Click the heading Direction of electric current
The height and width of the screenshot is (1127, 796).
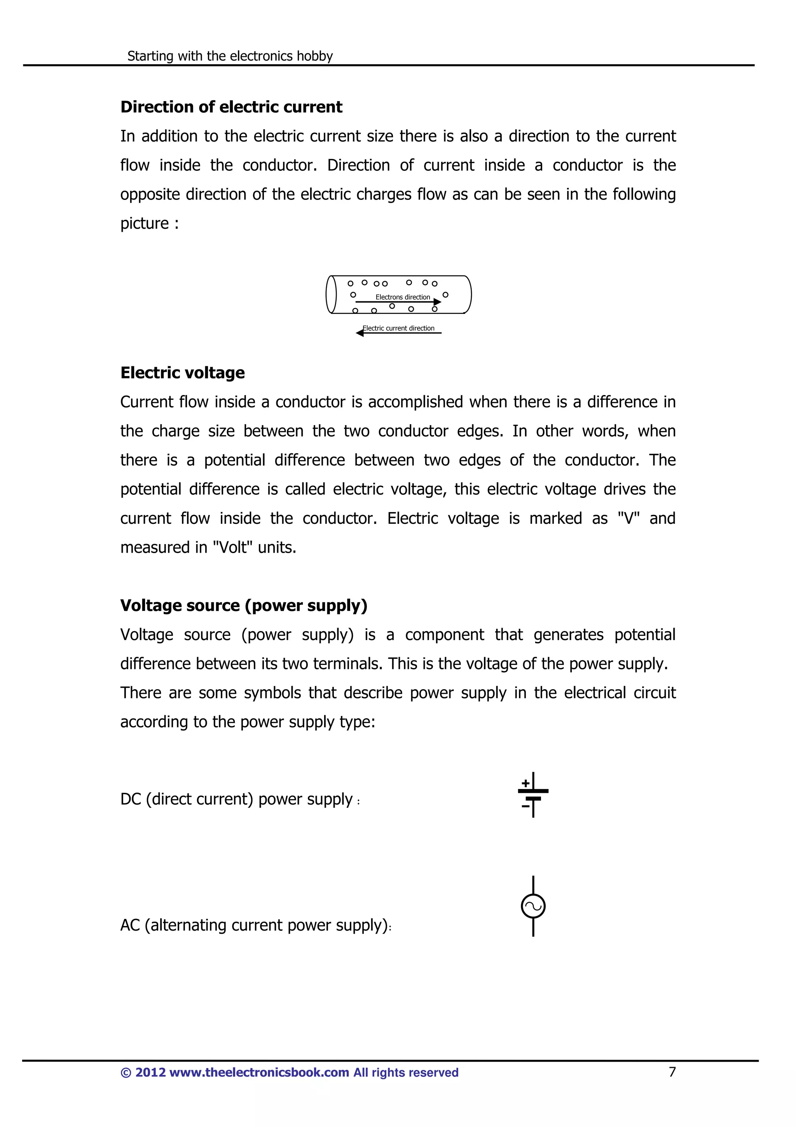(x=231, y=107)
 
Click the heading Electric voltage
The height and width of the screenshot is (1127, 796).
(x=182, y=373)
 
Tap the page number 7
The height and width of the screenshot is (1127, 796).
(x=672, y=1072)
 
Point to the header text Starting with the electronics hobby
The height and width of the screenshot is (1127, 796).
(x=230, y=56)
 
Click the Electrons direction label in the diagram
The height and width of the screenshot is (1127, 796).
(x=402, y=297)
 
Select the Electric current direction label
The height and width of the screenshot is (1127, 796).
(x=399, y=328)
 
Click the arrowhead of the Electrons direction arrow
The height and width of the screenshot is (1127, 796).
(x=438, y=302)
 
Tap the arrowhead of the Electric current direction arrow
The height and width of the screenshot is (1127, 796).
(x=360, y=333)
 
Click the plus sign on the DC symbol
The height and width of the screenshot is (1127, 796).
(x=525, y=783)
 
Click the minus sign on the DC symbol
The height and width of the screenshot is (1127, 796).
(x=525, y=806)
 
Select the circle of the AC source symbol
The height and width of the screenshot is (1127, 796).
(x=533, y=906)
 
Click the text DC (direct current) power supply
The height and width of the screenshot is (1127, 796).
(x=236, y=799)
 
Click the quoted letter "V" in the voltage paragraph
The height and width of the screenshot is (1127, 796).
(x=629, y=518)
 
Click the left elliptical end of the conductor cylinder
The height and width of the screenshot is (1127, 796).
(x=332, y=294)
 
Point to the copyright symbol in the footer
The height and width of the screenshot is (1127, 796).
(x=126, y=1073)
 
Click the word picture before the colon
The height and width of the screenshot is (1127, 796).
(x=145, y=223)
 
